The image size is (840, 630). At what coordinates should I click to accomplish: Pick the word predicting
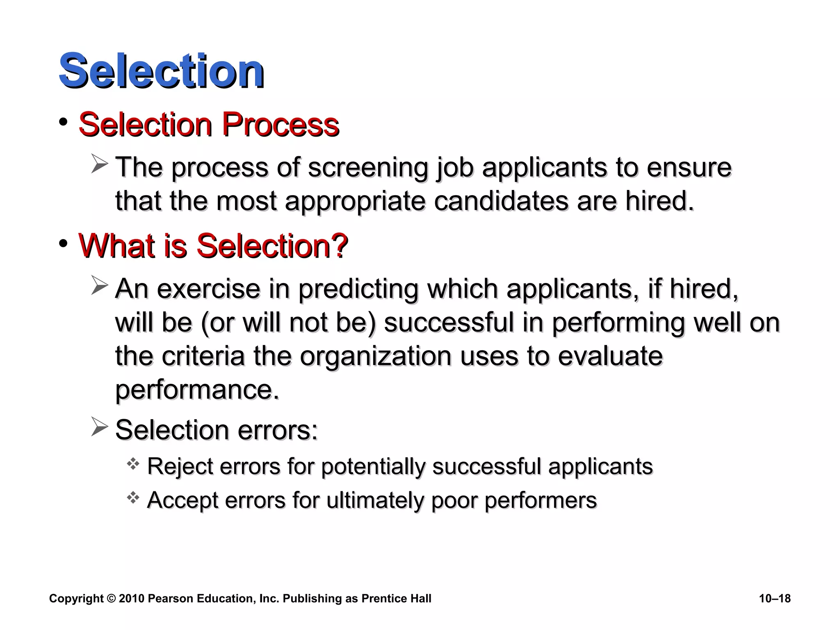pos(358,289)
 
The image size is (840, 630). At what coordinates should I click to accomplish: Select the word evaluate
pos(610,356)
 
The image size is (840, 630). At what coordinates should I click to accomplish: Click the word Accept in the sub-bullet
pos(182,500)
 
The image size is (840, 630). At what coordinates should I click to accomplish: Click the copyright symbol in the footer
pos(111,598)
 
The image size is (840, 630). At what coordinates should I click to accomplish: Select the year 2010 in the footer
pos(132,598)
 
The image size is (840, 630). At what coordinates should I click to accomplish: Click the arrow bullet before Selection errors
pos(99,427)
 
